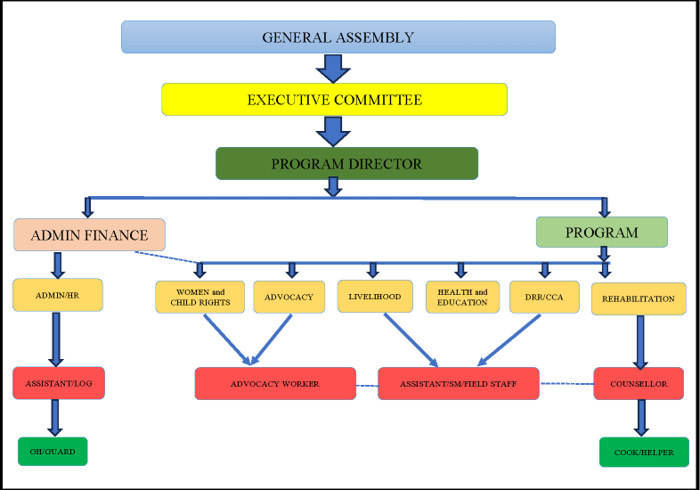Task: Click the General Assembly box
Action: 338,37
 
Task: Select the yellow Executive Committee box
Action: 334,100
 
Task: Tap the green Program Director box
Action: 346,164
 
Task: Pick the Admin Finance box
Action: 89,235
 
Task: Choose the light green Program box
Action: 601,233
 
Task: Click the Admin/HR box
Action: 58,295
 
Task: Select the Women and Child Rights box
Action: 199,298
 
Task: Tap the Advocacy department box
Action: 289,298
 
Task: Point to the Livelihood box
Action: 375,296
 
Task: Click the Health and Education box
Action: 462,298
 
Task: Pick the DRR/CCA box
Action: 544,298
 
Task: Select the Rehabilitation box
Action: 639,298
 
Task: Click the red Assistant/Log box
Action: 59,383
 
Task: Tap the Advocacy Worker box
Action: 274,384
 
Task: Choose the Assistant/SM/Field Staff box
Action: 458,384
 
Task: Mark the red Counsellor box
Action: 638,384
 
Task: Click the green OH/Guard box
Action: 53,452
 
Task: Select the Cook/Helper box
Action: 644,453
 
